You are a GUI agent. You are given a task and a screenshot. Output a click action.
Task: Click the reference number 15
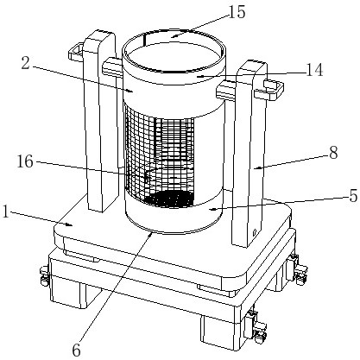click(237, 12)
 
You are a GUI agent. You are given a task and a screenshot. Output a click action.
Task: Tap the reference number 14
click(314, 70)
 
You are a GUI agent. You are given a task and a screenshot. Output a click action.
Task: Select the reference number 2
click(25, 63)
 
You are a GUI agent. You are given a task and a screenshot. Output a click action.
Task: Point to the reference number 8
click(333, 153)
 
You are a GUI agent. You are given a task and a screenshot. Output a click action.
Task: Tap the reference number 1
click(5, 212)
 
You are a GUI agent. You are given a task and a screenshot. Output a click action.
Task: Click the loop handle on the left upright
click(75, 51)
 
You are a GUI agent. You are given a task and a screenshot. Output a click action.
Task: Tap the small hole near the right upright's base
click(254, 231)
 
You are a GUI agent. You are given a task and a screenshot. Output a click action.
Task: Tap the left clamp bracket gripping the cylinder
click(113, 67)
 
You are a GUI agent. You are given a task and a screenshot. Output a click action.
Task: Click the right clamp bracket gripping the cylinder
click(226, 90)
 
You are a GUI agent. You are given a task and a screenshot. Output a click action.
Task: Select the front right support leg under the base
click(218, 334)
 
